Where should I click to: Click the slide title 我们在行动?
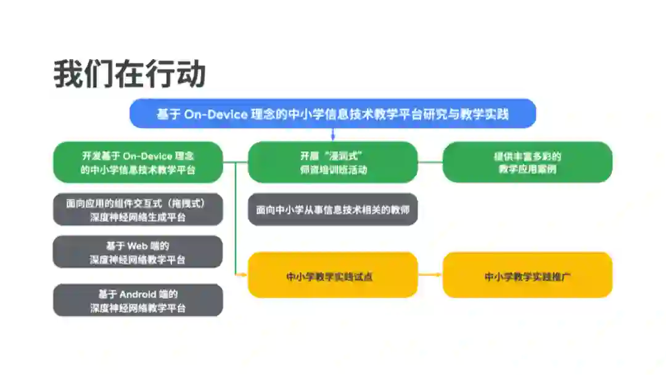(x=129, y=75)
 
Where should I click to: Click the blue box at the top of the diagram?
(x=332, y=114)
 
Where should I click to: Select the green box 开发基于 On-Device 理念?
(x=138, y=163)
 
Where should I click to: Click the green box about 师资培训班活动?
(x=332, y=163)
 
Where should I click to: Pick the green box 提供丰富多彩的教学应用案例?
(x=527, y=163)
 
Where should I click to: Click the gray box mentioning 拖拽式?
(x=138, y=209)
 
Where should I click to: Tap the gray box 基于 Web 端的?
(x=138, y=252)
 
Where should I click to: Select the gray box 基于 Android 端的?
(x=138, y=300)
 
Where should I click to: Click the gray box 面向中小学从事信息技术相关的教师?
(x=332, y=209)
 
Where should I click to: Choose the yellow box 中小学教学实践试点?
(x=332, y=276)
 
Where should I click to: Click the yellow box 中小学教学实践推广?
(x=527, y=276)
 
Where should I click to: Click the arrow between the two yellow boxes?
(x=430, y=274)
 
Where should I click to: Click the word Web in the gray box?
(x=139, y=246)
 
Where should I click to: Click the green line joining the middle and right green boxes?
(x=430, y=163)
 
